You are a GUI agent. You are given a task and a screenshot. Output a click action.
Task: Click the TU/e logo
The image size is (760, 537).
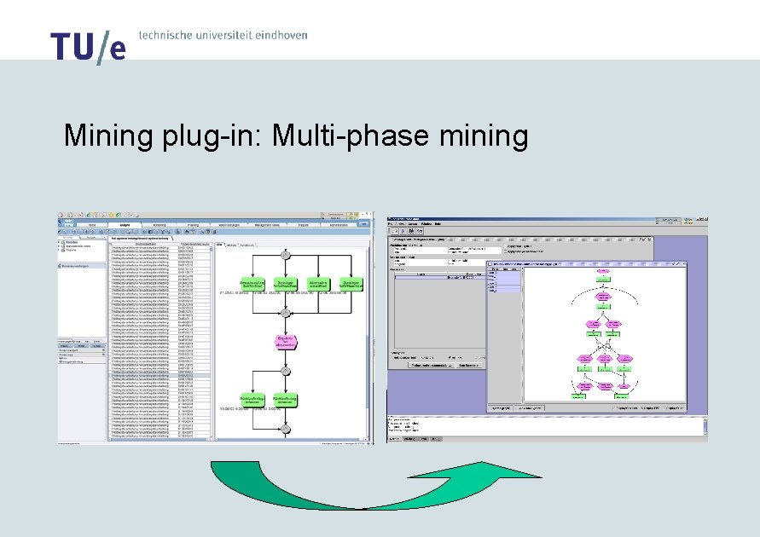88,47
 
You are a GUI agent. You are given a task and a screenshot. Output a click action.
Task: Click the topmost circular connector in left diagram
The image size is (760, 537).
286,254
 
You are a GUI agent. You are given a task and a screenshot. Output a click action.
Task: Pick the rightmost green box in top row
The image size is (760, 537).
351,284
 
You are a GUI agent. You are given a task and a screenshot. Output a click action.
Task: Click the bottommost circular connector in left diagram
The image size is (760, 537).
286,424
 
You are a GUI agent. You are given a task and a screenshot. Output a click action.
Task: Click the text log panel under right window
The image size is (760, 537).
546,426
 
